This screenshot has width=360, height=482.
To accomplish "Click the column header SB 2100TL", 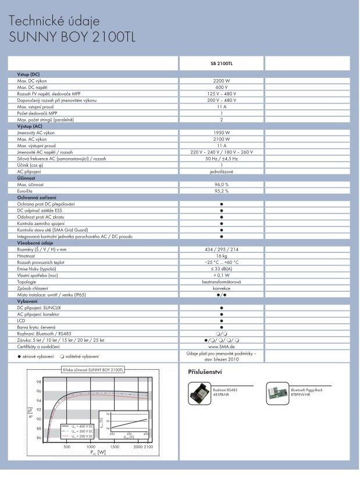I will [221, 63].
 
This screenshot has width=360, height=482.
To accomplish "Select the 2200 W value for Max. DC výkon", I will [221, 81].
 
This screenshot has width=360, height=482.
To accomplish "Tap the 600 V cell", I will [221, 87].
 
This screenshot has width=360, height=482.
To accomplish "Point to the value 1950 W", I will [221, 133].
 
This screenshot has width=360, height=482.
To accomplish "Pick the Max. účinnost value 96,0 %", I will [221, 184].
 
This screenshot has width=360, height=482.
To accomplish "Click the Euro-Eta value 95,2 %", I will [221, 191].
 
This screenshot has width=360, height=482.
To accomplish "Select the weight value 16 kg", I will [221, 256].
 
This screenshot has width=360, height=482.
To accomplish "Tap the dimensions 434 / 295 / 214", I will [221, 249].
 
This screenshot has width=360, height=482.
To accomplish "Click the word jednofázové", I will [221, 172].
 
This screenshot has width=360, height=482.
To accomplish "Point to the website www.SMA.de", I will [221, 347].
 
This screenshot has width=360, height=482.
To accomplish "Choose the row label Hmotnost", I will [27, 256].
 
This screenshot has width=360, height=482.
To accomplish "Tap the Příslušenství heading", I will [205, 372].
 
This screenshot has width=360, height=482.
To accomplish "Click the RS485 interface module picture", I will [201, 394].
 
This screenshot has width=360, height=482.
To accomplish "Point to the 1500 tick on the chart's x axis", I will [114, 447].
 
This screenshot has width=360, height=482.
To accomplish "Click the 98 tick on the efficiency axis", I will [38, 382].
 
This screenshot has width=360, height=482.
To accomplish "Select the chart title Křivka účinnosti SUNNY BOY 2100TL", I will [93, 370].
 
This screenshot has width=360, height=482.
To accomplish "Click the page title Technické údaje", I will [58, 22].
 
